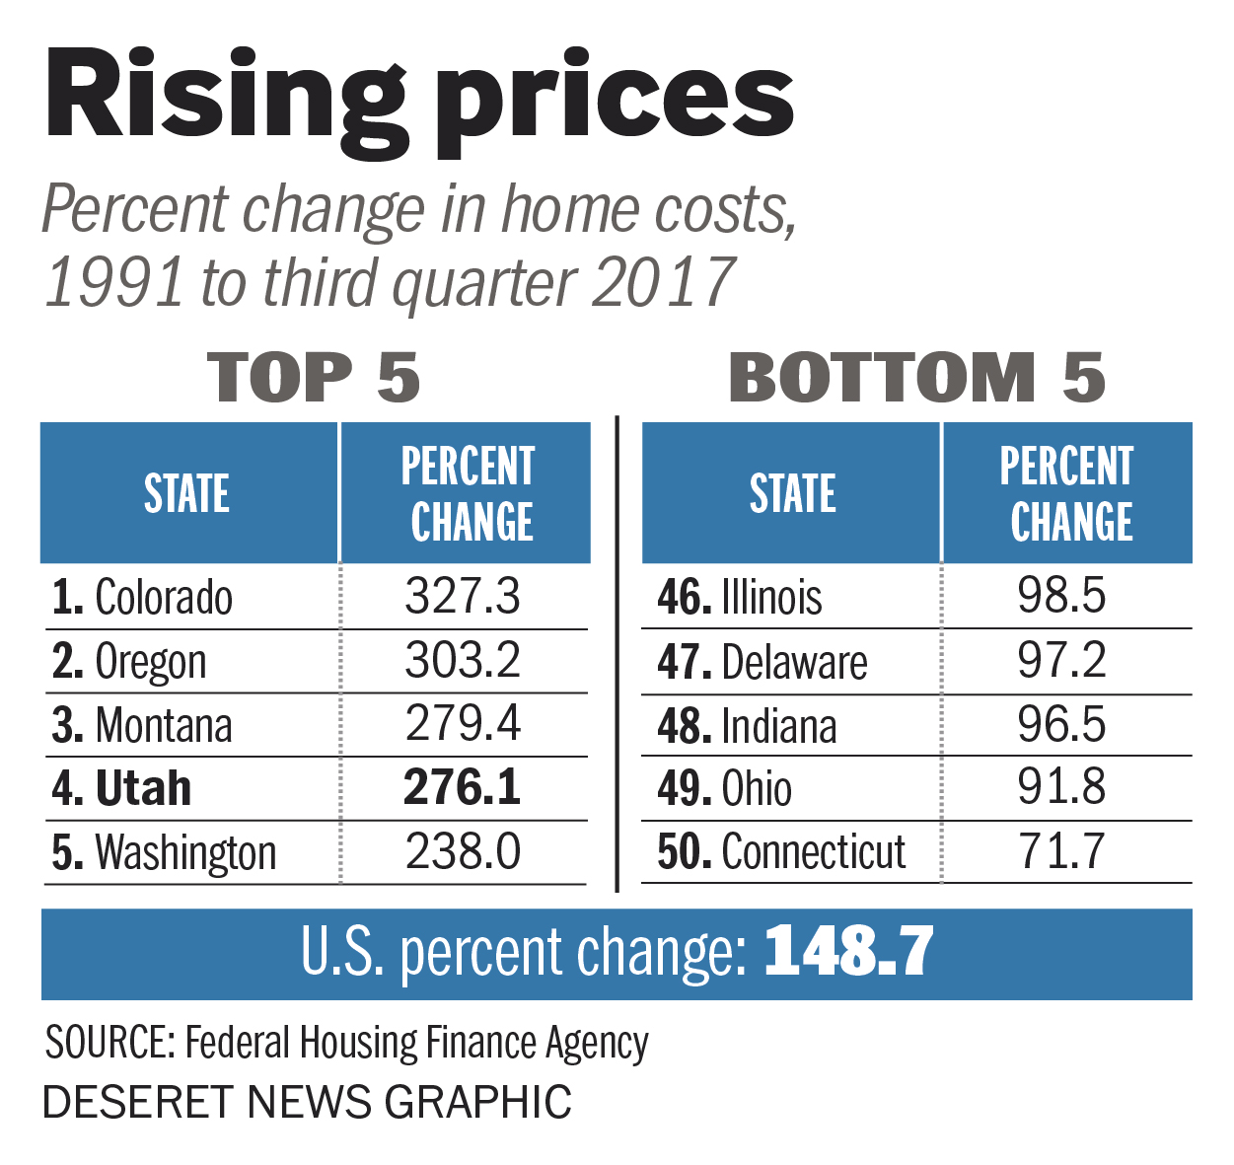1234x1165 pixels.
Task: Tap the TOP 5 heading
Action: pos(314,378)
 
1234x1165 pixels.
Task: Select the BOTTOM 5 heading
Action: pos(916,378)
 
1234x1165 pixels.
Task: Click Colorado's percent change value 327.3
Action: pos(463,597)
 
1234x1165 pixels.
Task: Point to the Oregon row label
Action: pos(130,662)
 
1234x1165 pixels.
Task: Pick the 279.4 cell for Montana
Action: pos(463,724)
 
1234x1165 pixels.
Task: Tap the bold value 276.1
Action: pos(462,788)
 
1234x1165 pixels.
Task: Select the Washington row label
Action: pos(165,853)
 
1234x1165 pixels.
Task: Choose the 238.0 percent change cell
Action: pos(463,852)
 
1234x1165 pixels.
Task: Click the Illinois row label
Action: pos(740,598)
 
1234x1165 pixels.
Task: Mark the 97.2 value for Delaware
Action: pos(1061,661)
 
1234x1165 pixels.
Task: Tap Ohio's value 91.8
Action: pos(1061,788)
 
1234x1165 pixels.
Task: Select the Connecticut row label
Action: pos(782,852)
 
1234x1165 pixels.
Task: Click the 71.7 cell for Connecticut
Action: pos(1061,852)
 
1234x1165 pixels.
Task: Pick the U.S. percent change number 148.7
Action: pos(848,953)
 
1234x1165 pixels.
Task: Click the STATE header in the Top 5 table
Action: pos(187,493)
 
